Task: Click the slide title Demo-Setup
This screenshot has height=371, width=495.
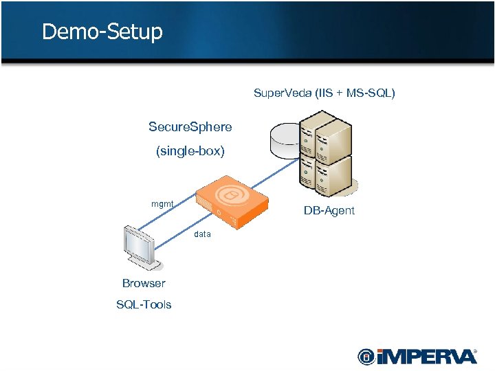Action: pos(102,32)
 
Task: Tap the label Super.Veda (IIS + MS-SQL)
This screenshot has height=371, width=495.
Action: pos(324,93)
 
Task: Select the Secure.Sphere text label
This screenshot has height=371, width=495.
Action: pos(190,127)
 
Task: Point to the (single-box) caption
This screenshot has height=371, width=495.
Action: pos(190,151)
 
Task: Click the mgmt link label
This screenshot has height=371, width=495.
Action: pos(162,203)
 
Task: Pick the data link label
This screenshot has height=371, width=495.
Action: pos(202,234)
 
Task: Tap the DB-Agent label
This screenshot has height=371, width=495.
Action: pos(329,211)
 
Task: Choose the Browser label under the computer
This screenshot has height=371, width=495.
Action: pos(144,283)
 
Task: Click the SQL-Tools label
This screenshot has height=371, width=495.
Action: pos(144,304)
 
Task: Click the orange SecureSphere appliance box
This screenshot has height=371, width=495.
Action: pos(232,202)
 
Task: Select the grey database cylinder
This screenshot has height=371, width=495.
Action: pos(285,140)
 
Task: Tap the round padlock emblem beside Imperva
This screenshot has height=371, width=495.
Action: pos(366,357)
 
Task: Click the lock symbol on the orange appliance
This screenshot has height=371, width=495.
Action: pos(231,196)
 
